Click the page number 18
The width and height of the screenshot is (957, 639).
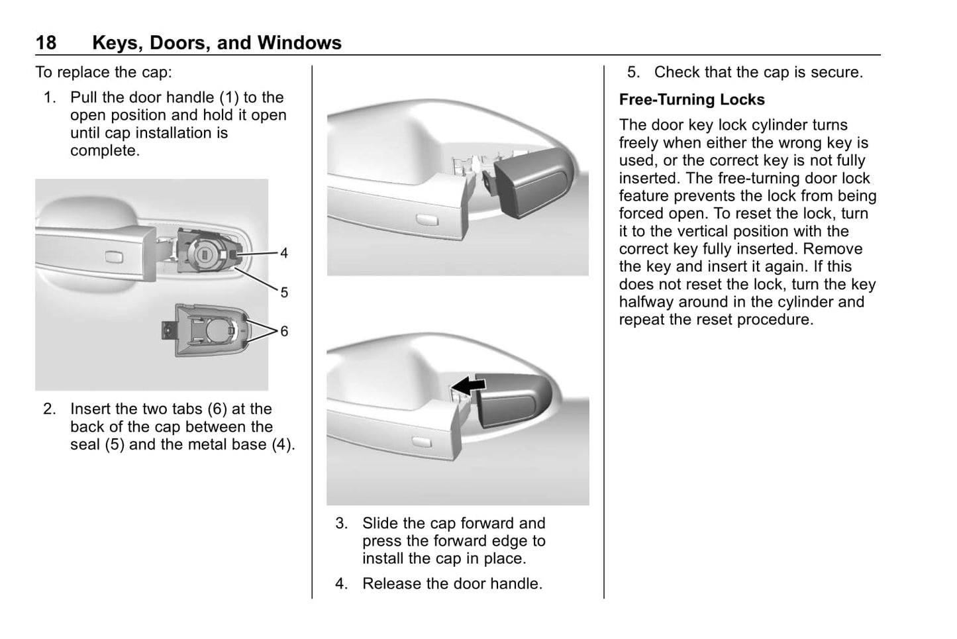pos(46,43)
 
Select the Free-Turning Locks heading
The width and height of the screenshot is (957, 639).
pos(691,100)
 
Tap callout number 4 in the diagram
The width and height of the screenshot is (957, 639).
pos(284,253)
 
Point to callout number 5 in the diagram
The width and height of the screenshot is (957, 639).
pos(284,292)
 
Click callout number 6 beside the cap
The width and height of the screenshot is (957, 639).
pos(284,331)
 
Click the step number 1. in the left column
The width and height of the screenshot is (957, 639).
pos(50,98)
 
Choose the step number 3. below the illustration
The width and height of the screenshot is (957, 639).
pos(341,524)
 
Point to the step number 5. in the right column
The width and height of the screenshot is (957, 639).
pos(634,73)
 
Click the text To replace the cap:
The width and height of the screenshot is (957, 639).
pos(103,73)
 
